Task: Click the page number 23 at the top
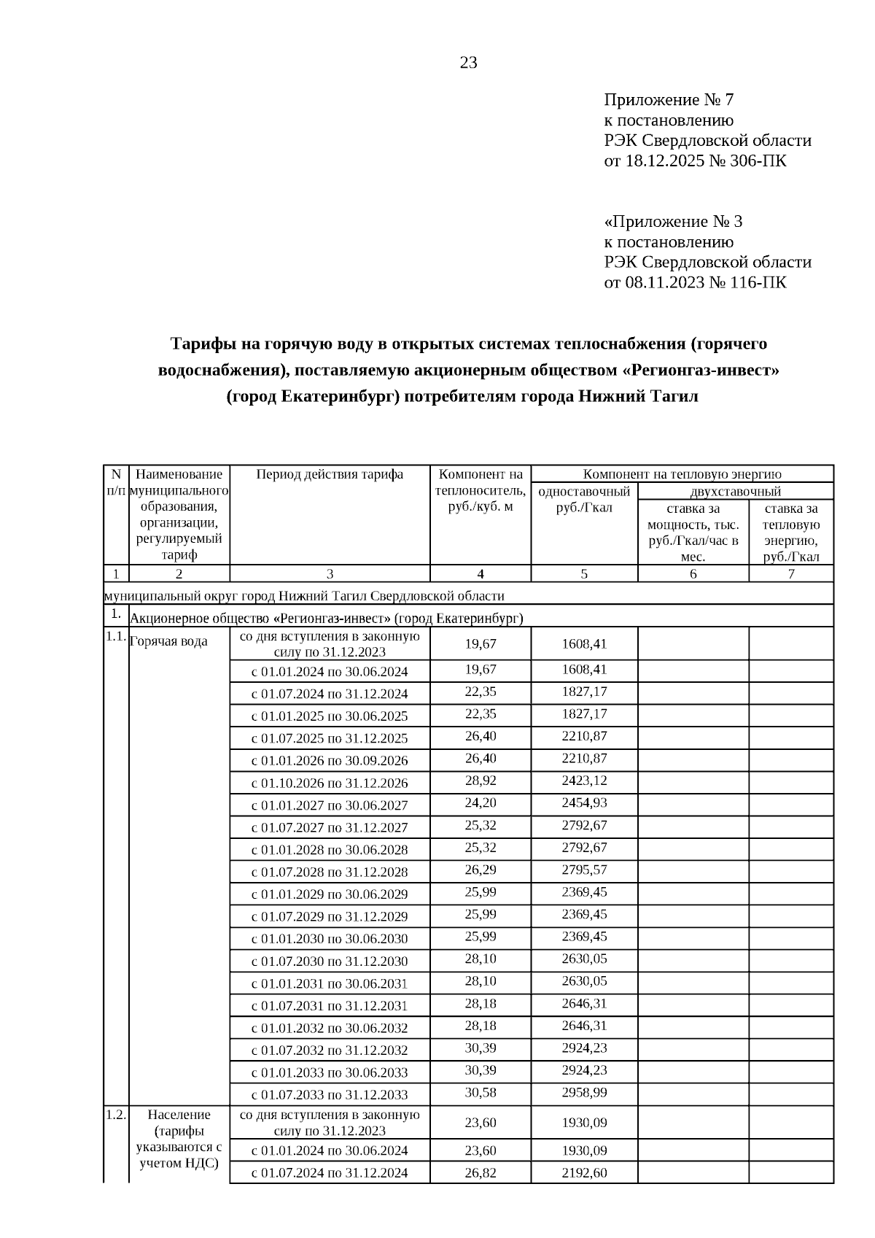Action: click(x=468, y=63)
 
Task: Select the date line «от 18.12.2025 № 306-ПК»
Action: click(x=695, y=160)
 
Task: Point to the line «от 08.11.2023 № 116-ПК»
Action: click(x=695, y=282)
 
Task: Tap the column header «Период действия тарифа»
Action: click(x=330, y=474)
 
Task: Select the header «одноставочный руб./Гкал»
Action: click(x=584, y=499)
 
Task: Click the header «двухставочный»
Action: click(x=735, y=491)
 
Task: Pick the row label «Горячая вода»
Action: click(x=168, y=641)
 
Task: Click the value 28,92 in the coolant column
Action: click(x=481, y=781)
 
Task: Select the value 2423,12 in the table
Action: click(x=584, y=781)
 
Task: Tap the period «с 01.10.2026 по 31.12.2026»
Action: click(x=330, y=783)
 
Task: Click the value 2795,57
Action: click(x=584, y=870)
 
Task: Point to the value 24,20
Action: click(x=481, y=802)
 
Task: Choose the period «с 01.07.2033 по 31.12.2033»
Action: click(x=330, y=1094)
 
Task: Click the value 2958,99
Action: click(x=584, y=1092)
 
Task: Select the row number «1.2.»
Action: click(x=116, y=1115)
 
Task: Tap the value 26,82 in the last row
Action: click(x=481, y=1172)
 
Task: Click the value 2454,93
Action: click(x=584, y=802)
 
